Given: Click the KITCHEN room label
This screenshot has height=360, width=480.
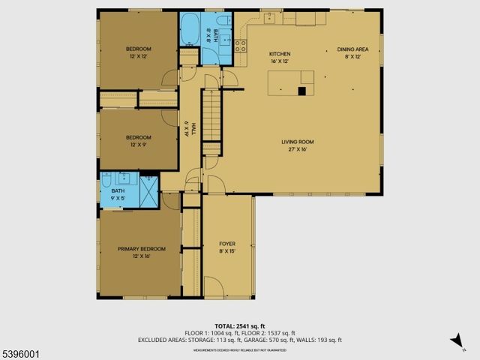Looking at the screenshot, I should click(x=280, y=54).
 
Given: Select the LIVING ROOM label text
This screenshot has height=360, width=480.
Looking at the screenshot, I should click(x=297, y=142).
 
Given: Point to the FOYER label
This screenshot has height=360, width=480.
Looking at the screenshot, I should click(x=227, y=244).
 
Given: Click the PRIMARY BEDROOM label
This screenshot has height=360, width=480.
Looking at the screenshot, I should click(x=141, y=249).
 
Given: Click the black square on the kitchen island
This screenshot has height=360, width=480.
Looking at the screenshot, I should click(x=302, y=91).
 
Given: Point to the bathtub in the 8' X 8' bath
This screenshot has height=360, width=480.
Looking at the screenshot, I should click(x=189, y=30).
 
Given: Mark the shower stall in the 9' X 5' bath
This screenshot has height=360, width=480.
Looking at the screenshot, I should click(x=149, y=188).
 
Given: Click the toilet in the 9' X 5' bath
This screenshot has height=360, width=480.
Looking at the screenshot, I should click(x=107, y=180).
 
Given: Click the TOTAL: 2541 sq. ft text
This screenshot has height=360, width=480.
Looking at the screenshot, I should click(x=240, y=325).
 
